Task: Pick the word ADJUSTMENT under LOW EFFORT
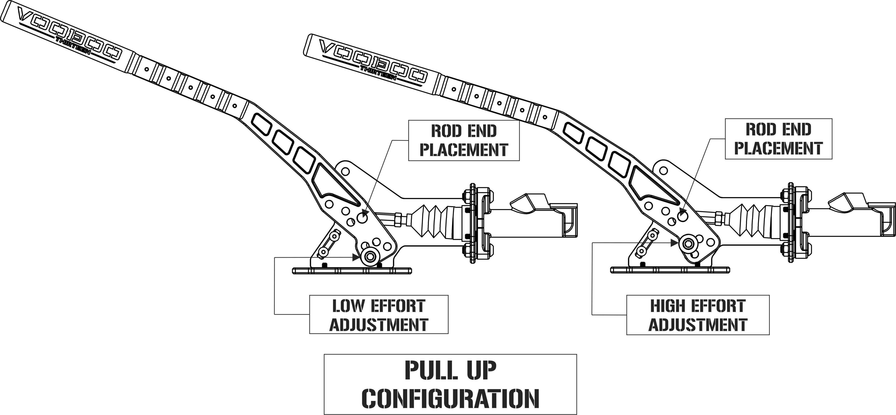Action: pos(378,325)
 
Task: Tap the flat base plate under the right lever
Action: pos(670,269)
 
